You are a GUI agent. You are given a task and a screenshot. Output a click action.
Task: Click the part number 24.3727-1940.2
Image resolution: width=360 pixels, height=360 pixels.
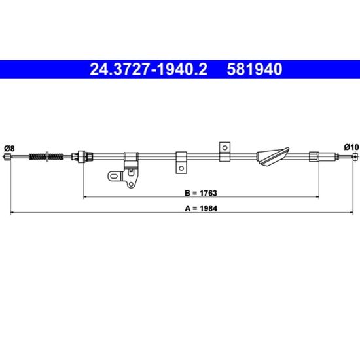pyautogui.click(x=149, y=69)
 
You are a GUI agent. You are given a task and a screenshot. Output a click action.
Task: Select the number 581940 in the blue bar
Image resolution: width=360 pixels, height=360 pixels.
pyautogui.click(x=255, y=69)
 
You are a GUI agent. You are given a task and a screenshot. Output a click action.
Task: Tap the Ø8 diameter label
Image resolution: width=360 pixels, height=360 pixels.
pyautogui.click(x=9, y=149)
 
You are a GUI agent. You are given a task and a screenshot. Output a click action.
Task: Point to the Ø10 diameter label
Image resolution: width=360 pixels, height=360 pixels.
pyautogui.click(x=351, y=147)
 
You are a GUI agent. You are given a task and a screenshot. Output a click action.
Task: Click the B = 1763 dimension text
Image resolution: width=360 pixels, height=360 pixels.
pyautogui.click(x=201, y=193)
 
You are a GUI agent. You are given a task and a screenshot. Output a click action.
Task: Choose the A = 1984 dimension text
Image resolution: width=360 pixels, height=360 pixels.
pyautogui.click(x=201, y=208)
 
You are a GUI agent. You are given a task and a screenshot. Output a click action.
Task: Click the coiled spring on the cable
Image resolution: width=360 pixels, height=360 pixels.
pyautogui.click(x=46, y=156)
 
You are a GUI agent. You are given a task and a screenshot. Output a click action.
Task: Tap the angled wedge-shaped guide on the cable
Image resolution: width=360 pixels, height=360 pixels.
pyautogui.click(x=272, y=156)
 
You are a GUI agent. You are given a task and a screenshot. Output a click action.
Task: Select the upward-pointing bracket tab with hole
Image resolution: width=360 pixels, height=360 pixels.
pyautogui.click(x=225, y=152)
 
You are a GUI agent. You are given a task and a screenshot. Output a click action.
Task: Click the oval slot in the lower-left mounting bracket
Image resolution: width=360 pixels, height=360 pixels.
pyautogui.click(x=114, y=177)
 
